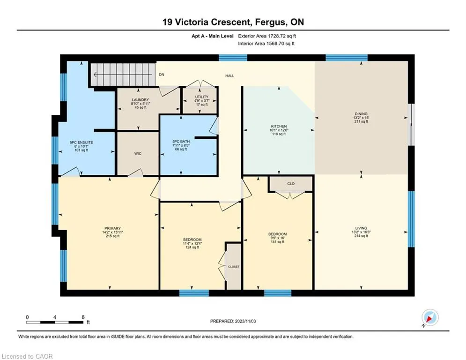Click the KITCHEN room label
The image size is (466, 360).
click(x=279, y=126)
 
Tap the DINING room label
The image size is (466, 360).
click(x=361, y=113)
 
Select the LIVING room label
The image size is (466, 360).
click(x=361, y=228)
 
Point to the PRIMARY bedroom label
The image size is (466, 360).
click(x=112, y=228)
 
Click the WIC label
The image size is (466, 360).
click(x=138, y=154)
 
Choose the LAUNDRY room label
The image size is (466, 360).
click(x=141, y=100)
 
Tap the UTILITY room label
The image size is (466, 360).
click(x=202, y=97)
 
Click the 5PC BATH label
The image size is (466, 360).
click(x=181, y=142)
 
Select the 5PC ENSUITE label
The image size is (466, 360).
click(x=81, y=142)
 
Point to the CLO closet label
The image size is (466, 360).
click(x=291, y=184)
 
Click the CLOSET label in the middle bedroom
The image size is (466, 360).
click(x=234, y=267)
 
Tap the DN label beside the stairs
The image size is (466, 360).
click(x=162, y=75)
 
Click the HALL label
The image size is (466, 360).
click(x=230, y=76)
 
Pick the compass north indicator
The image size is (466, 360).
click(x=430, y=318)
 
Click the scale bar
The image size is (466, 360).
click(x=55, y=322)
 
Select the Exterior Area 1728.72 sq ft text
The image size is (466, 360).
click(x=267, y=36)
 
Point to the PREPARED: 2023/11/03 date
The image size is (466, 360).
click(x=233, y=321)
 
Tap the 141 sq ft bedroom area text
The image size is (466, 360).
click(x=277, y=242)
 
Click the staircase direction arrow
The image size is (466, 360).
click(x=123, y=75)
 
